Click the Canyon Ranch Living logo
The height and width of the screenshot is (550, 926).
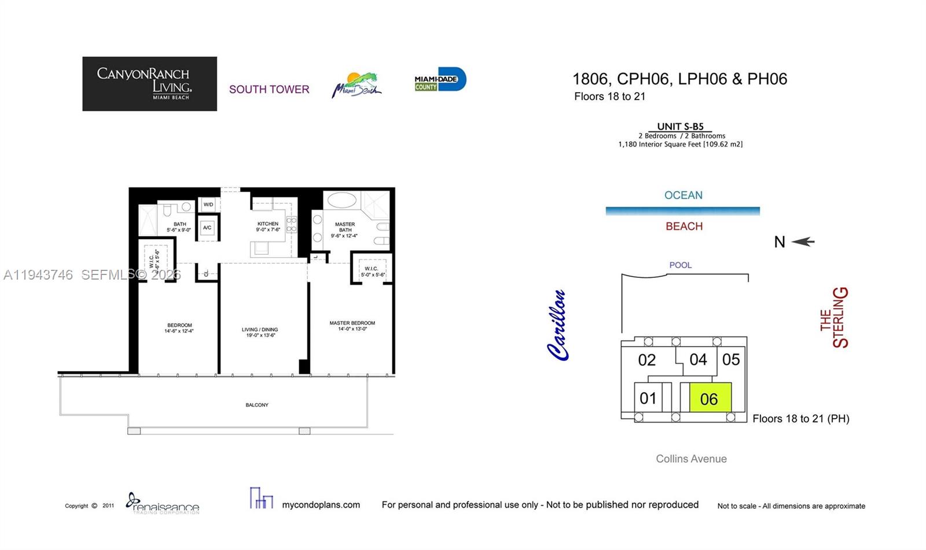(149, 83)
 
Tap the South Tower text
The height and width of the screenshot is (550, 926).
(269, 89)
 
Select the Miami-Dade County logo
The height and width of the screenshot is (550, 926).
(440, 80)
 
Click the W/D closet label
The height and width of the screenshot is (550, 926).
(208, 204)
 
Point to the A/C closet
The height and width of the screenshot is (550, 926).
(207, 228)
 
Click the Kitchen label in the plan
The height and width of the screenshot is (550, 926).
(268, 226)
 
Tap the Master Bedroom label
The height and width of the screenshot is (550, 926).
(352, 326)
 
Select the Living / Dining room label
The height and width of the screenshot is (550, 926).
(260, 332)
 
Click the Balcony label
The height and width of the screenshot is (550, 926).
(257, 405)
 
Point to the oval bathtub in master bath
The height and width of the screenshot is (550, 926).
(342, 201)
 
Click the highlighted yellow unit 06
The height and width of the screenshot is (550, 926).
(710, 398)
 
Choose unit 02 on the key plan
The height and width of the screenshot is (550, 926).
(646, 360)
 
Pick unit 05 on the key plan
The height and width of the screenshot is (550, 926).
(731, 360)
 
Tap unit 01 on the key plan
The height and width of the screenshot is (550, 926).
(648, 398)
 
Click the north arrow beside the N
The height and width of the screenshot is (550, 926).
(803, 241)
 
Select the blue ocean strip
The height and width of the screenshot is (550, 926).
(682, 211)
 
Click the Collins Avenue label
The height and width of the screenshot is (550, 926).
(691, 459)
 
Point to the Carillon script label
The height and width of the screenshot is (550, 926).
(557, 325)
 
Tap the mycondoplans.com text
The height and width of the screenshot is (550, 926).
(321, 505)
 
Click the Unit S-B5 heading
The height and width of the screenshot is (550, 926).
(680, 127)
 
